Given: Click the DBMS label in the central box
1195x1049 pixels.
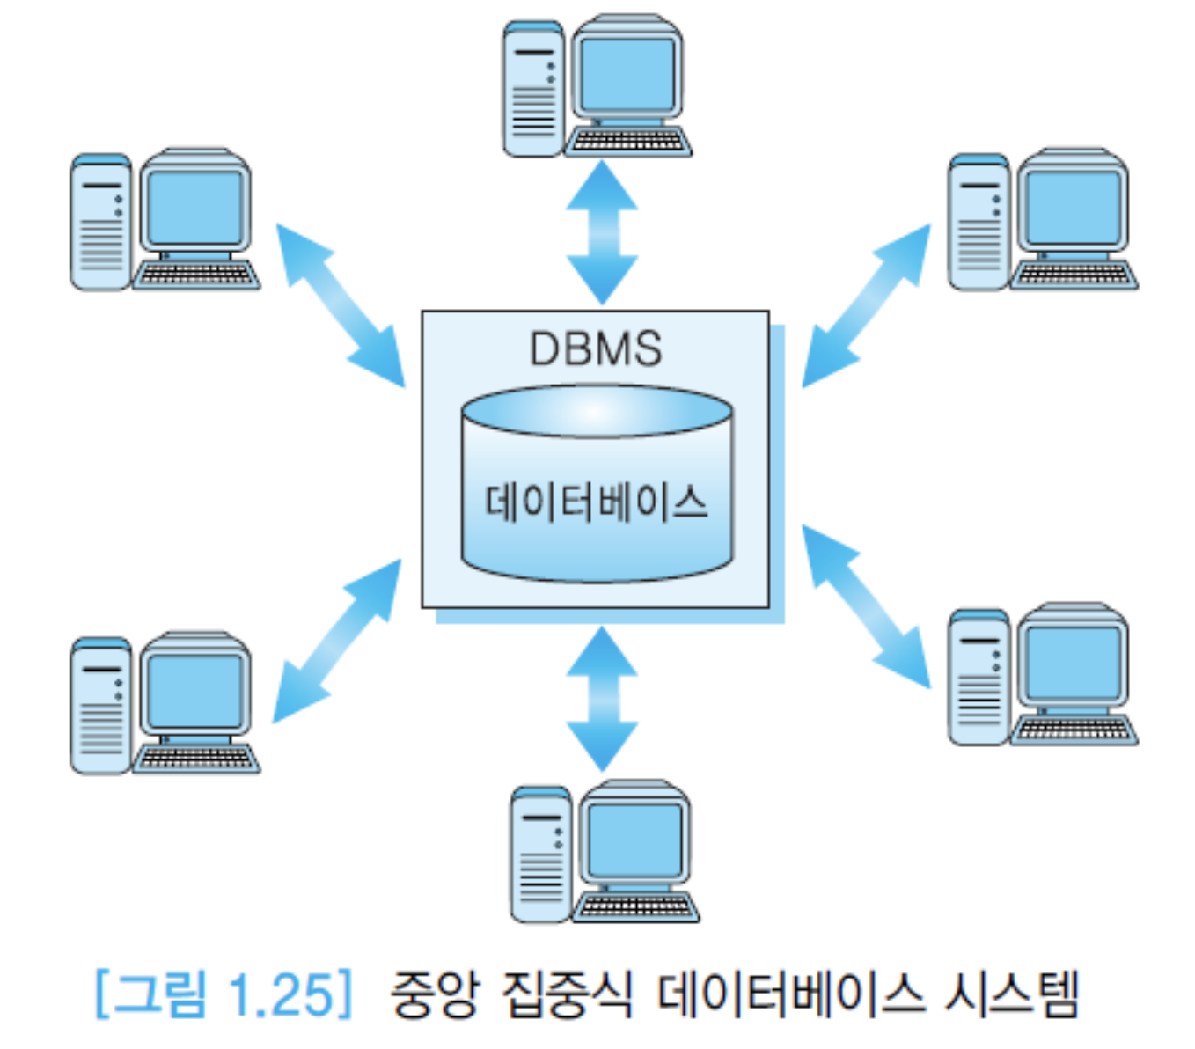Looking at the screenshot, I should point(596,348).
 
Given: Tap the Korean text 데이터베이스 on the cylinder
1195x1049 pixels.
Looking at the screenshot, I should point(596,503).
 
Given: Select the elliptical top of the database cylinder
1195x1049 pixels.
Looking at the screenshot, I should point(597,412).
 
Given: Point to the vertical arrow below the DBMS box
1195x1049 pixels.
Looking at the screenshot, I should point(602,698).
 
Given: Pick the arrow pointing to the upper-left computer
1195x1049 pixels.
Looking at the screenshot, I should point(340,304).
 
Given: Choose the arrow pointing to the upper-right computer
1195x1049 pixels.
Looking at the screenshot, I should point(866,304).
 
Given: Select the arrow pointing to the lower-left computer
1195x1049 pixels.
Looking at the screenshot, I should point(337,640).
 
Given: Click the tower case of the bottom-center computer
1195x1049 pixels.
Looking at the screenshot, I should point(540,854).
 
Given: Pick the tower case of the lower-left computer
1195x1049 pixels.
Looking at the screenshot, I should point(100,706).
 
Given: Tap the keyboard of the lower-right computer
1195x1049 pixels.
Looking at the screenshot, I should point(1074,731).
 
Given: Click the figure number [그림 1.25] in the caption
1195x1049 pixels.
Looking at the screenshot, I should point(224,994).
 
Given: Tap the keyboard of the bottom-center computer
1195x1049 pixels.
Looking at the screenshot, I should point(635,906).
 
